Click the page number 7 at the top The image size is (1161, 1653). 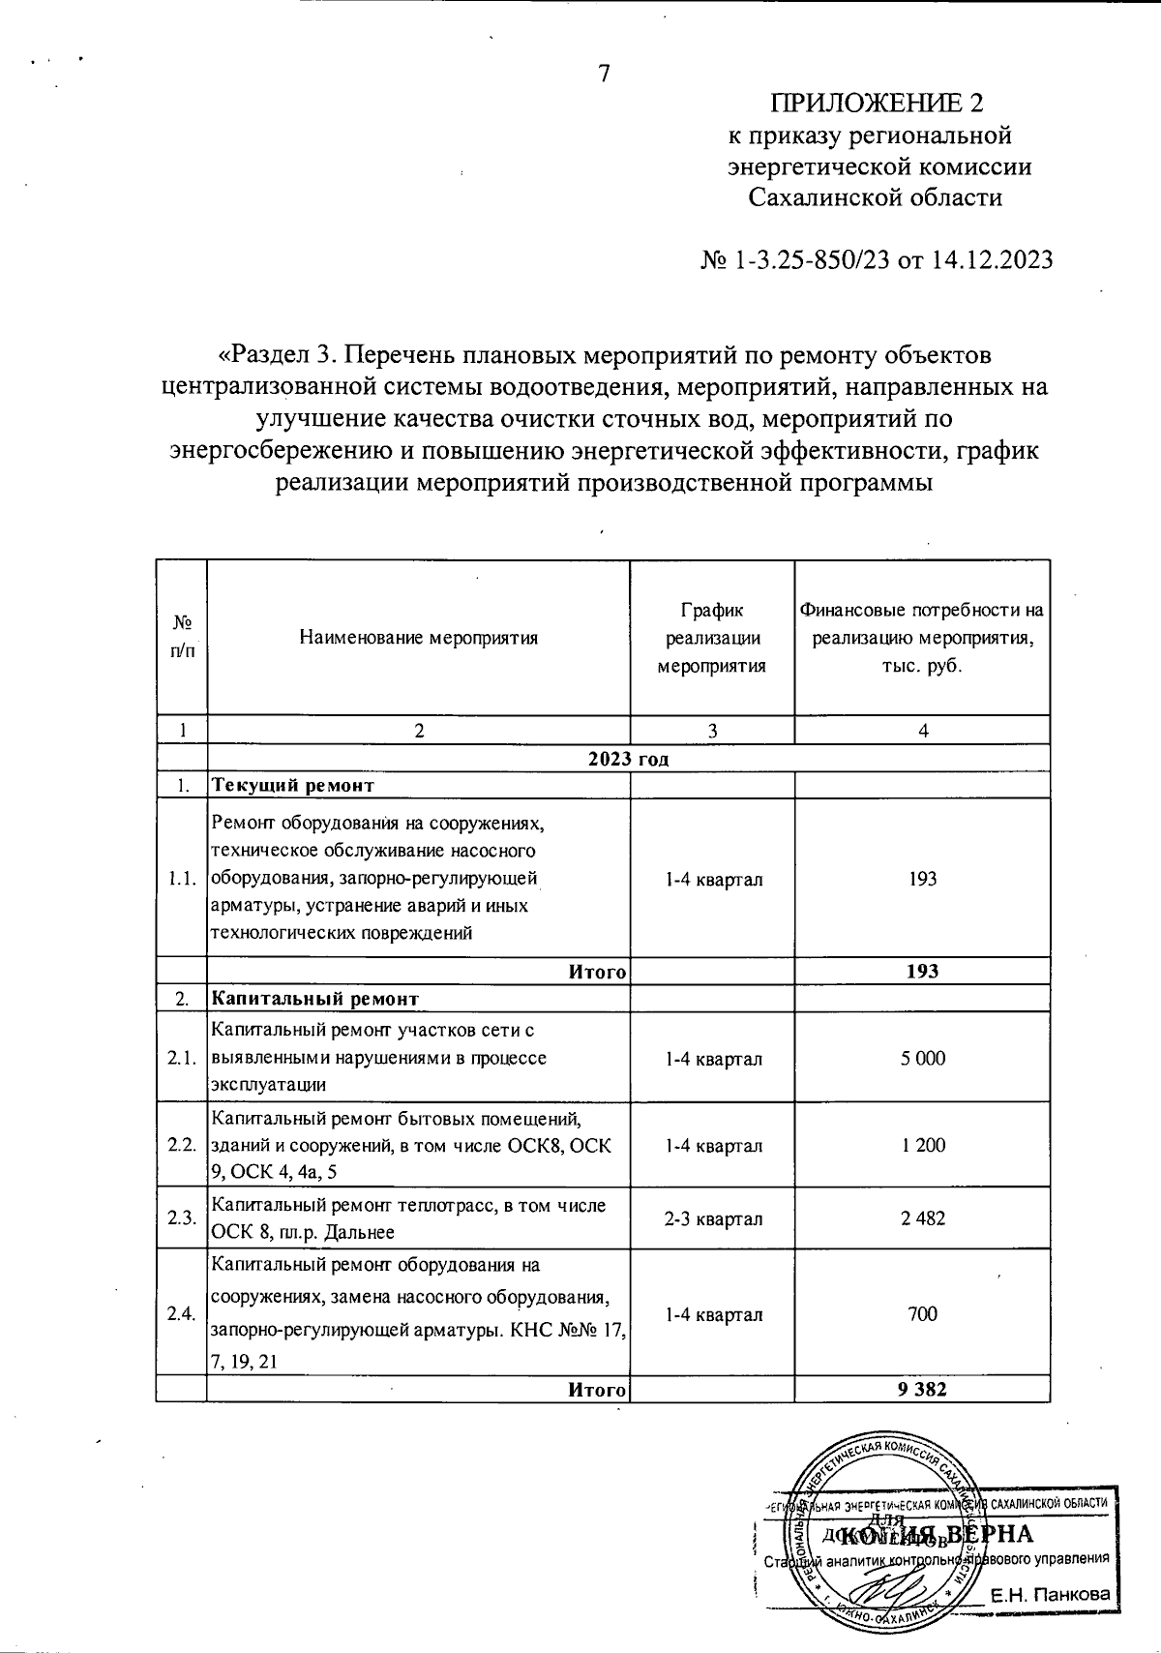[x=604, y=74]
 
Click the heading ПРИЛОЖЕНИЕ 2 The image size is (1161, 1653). [x=877, y=103]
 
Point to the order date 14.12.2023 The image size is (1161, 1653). [x=992, y=260]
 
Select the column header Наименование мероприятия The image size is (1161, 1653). [x=418, y=638]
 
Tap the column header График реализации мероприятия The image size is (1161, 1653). [x=712, y=638]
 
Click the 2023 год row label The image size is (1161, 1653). [x=629, y=759]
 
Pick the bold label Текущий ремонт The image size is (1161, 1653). [x=292, y=785]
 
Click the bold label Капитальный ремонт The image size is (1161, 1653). [x=315, y=998]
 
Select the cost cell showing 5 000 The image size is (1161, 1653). [x=923, y=1058]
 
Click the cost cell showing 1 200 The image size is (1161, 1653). [x=923, y=1145]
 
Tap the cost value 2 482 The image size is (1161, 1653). [x=923, y=1218]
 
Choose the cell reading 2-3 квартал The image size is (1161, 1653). [x=713, y=1218]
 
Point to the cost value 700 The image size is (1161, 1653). [x=923, y=1313]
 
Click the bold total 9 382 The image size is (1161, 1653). [x=922, y=1390]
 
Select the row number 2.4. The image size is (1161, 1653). [x=181, y=1313]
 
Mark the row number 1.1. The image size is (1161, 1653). [x=181, y=879]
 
